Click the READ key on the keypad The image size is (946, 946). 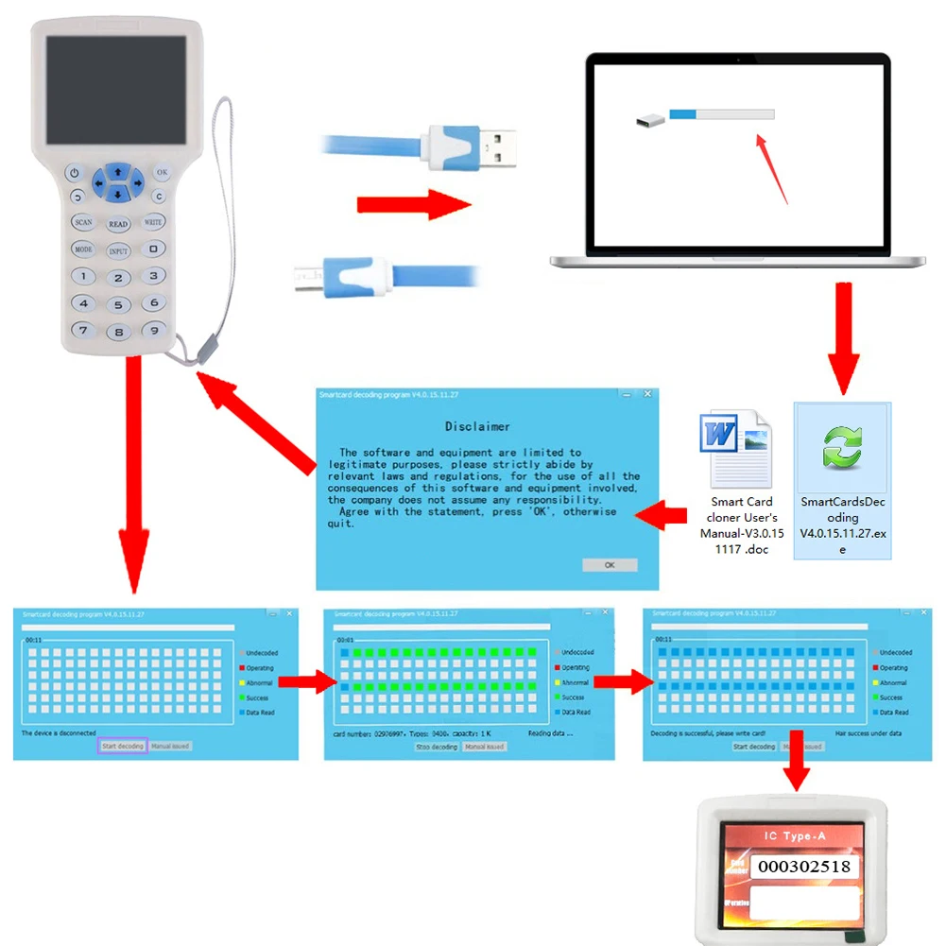(118, 224)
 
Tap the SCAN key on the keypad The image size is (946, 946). (83, 222)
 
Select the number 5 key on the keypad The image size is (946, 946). (118, 305)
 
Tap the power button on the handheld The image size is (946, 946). (75, 173)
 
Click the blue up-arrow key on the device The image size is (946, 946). (117, 171)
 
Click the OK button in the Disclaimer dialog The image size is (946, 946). (610, 565)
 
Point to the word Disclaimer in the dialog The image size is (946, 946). (477, 426)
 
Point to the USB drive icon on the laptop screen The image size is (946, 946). (648, 120)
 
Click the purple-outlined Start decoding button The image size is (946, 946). (123, 747)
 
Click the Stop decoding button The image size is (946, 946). (437, 747)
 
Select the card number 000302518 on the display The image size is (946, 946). (805, 867)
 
